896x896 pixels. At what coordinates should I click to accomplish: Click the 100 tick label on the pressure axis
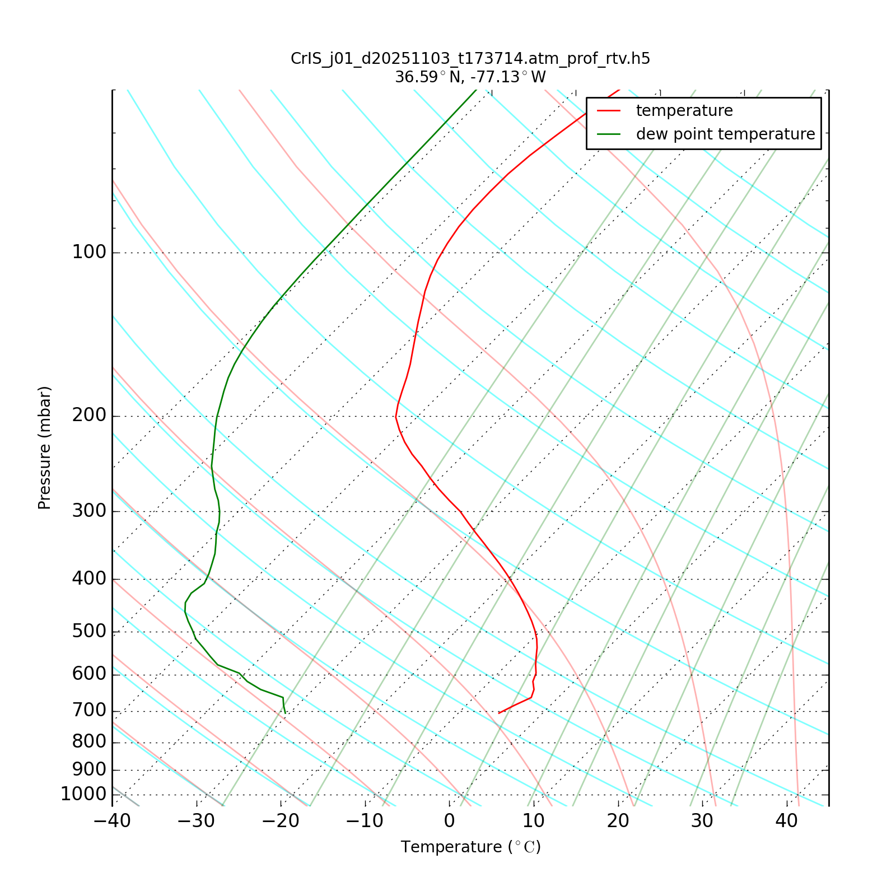coord(89,253)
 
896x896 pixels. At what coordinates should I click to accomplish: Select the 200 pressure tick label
coord(89,416)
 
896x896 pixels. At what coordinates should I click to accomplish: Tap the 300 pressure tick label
coord(89,511)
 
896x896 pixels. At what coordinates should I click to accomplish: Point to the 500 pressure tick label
coord(89,632)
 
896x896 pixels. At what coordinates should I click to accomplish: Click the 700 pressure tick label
coord(89,711)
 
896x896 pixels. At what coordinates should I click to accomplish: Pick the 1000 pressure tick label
coord(83,794)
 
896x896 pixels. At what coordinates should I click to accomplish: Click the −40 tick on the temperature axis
coord(112,821)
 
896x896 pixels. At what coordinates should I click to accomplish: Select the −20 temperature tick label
coord(281,821)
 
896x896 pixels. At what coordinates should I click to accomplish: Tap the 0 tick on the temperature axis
coord(449,821)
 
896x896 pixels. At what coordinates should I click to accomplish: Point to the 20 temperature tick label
coord(618,821)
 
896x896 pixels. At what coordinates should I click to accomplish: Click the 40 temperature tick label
coord(786,821)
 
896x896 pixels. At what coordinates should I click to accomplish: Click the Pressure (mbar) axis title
coord(45,448)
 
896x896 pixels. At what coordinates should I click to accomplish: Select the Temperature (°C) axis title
coord(470,847)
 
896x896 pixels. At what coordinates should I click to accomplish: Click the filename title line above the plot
coord(470,59)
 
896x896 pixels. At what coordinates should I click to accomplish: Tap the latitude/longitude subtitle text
coord(470,77)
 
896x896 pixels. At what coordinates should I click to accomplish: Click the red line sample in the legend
coord(609,111)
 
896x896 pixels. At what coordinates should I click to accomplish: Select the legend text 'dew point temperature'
coord(725,134)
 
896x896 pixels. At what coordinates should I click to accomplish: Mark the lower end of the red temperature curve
coord(499,713)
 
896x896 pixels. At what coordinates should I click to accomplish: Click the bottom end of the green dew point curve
coord(285,713)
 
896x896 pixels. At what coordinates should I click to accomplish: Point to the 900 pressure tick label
coord(89,769)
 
